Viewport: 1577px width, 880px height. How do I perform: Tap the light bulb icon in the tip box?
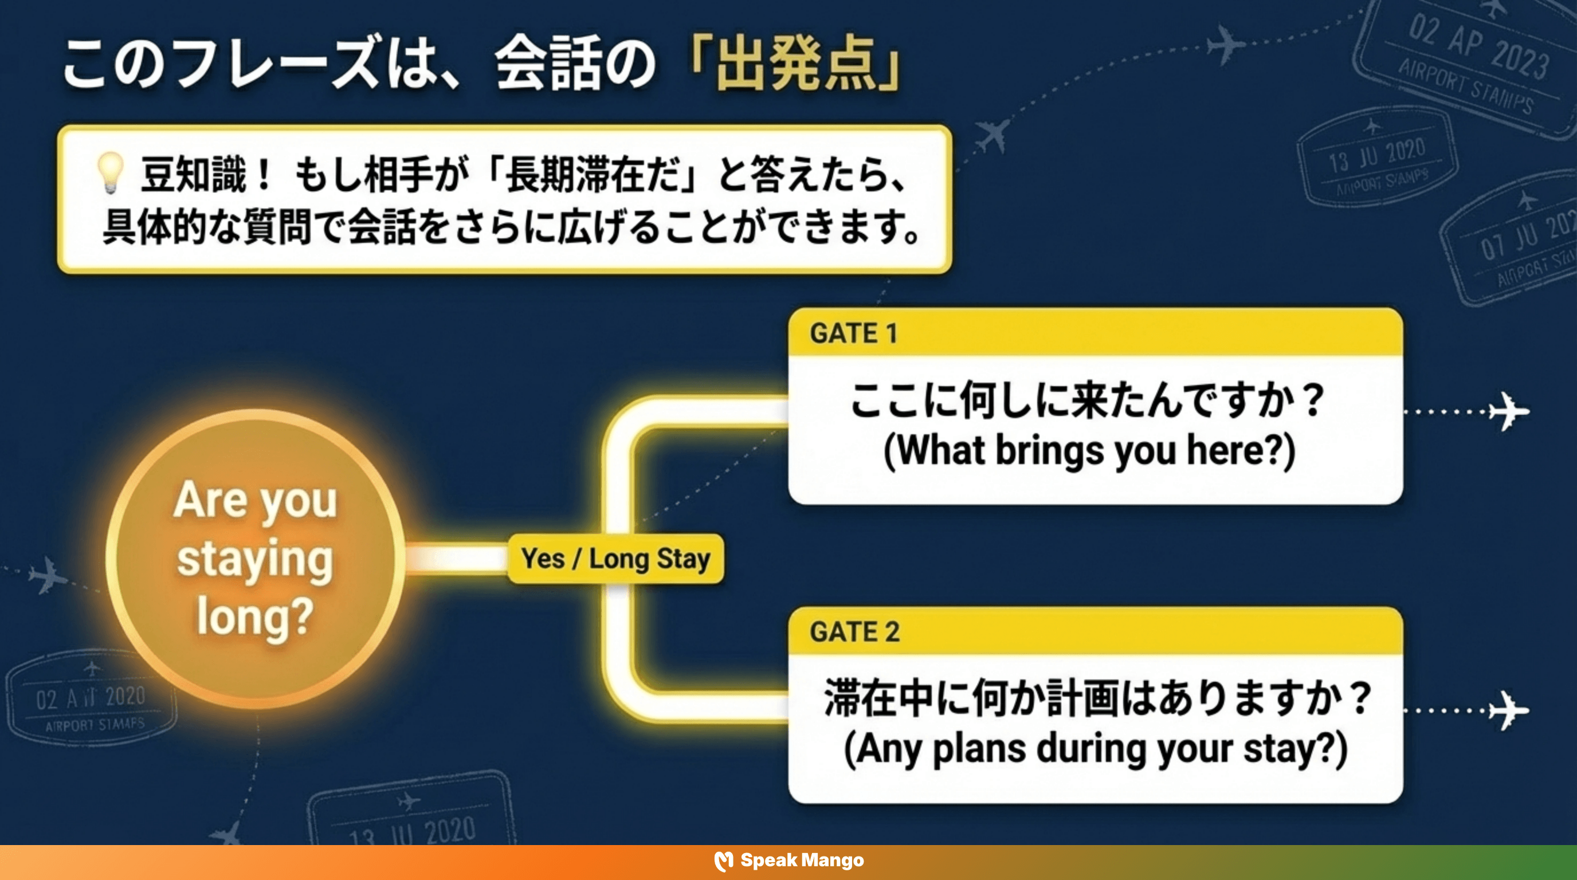pos(111,172)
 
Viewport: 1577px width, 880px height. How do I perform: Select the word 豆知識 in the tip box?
pos(193,174)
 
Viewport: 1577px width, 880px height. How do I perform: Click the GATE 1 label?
pos(853,333)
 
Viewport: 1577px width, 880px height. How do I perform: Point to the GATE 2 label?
pos(854,631)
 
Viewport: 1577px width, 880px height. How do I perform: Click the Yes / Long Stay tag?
pos(615,559)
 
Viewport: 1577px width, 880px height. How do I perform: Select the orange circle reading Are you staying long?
pos(255,558)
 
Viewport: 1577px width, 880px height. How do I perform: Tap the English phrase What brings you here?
pos(1089,450)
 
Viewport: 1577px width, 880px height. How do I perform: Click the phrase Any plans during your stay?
pos(1095,748)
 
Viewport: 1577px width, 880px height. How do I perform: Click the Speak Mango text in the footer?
pos(802,861)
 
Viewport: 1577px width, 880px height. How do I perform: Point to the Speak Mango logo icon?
pos(724,861)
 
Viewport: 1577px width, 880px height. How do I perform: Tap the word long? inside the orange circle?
pos(255,616)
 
